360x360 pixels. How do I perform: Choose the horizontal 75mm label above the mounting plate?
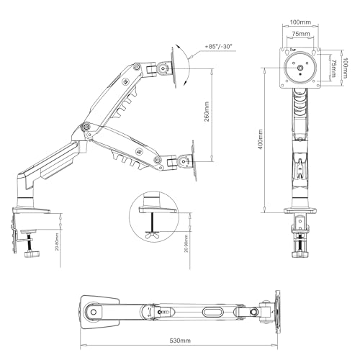[x=301, y=33]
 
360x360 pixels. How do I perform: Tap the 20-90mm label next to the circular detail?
[x=186, y=244]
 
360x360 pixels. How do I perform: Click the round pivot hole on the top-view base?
[x=91, y=312]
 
